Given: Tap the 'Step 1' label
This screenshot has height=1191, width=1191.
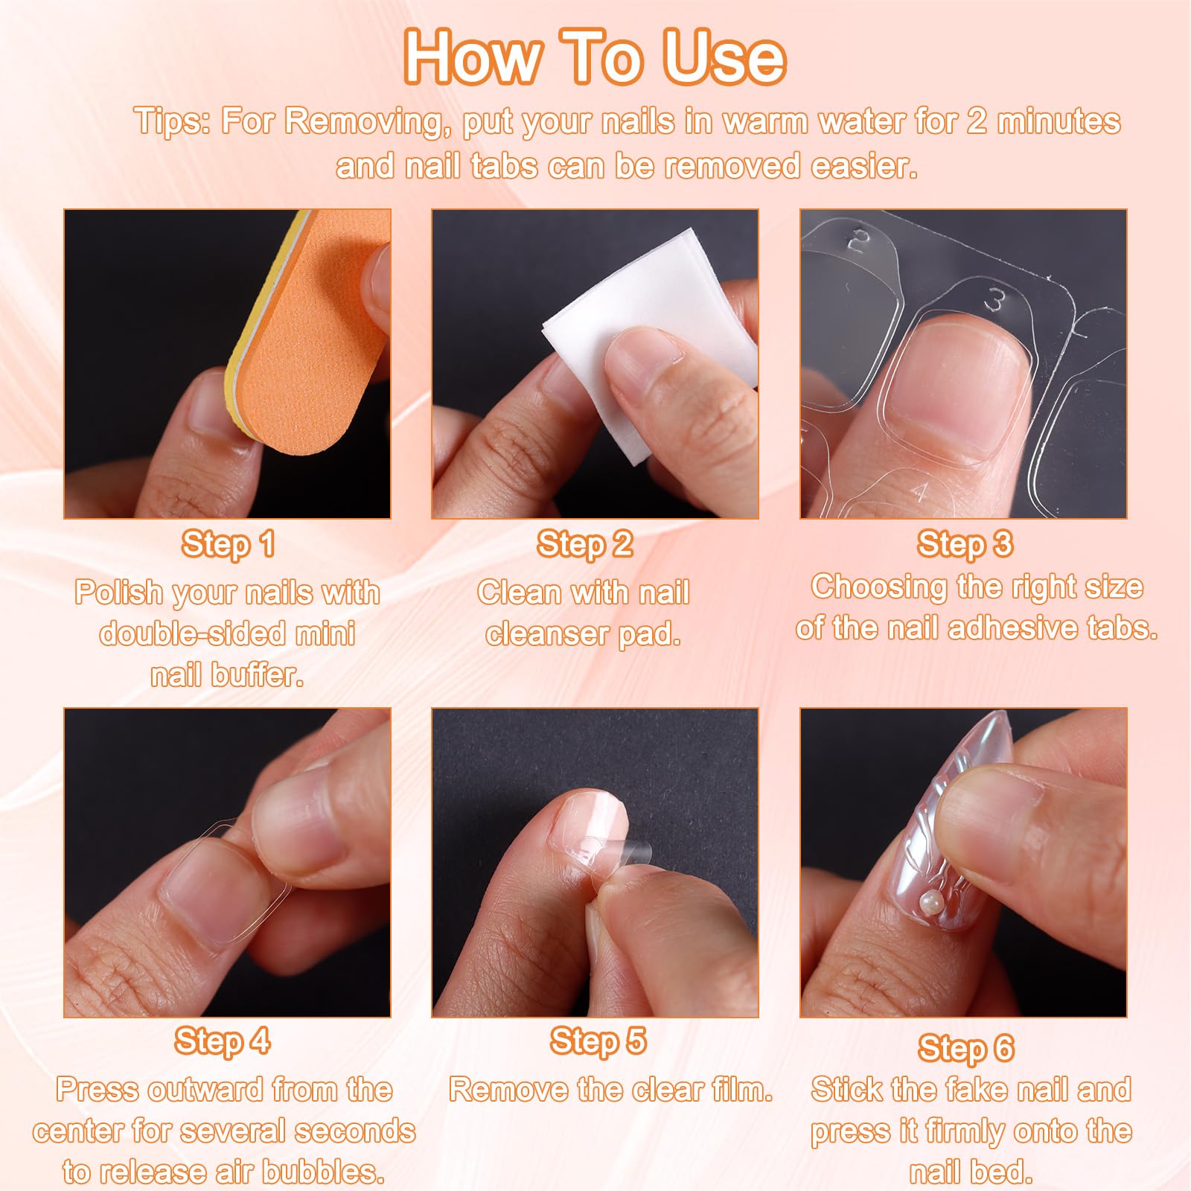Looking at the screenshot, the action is tap(228, 544).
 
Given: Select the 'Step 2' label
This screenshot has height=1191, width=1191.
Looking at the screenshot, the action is tap(584, 544).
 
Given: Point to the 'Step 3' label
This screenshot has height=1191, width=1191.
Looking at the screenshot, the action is tap(965, 543).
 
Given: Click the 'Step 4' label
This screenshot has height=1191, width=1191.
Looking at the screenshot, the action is tap(223, 1041).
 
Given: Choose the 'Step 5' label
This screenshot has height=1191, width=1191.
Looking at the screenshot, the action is tap(598, 1041).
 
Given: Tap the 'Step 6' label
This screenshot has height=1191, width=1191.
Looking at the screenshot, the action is tap(965, 1048).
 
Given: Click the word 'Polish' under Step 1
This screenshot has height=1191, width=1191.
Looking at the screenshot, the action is tap(118, 593).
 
